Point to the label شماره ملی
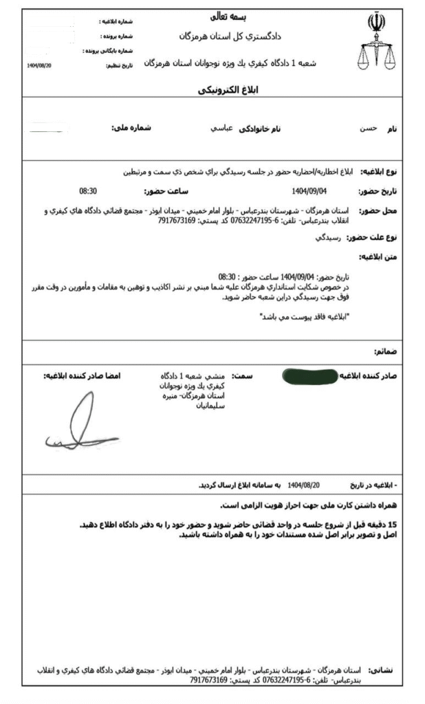point(131,129)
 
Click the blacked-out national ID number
point(45,128)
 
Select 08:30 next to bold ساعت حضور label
point(88,192)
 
